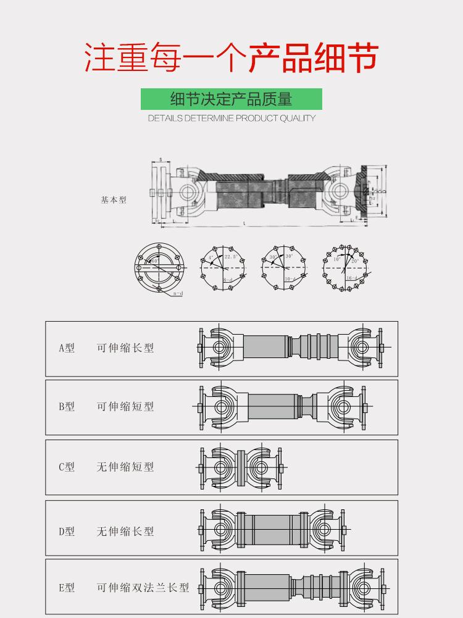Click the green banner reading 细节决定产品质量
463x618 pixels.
pyautogui.click(x=231, y=99)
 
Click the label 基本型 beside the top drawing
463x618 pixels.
pyautogui.click(x=114, y=200)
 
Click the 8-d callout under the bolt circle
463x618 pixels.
pyautogui.click(x=228, y=280)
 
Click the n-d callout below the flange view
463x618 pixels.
pyautogui.click(x=178, y=294)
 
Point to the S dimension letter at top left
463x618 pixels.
pyautogui.click(x=161, y=160)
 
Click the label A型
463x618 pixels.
pyautogui.click(x=67, y=348)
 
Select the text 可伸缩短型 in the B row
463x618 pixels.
pyautogui.click(x=125, y=407)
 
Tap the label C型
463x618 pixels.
pyautogui.click(x=67, y=467)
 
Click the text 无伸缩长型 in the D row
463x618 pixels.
pyautogui.click(x=125, y=532)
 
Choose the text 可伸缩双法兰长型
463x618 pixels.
pyautogui.click(x=143, y=588)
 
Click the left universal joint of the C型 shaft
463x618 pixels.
pyautogui.click(x=220, y=467)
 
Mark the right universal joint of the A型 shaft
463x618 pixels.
pyautogui.click(x=364, y=348)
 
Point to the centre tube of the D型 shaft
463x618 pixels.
pyautogui.click(x=272, y=530)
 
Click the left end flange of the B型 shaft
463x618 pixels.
pyautogui.click(x=201, y=407)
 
